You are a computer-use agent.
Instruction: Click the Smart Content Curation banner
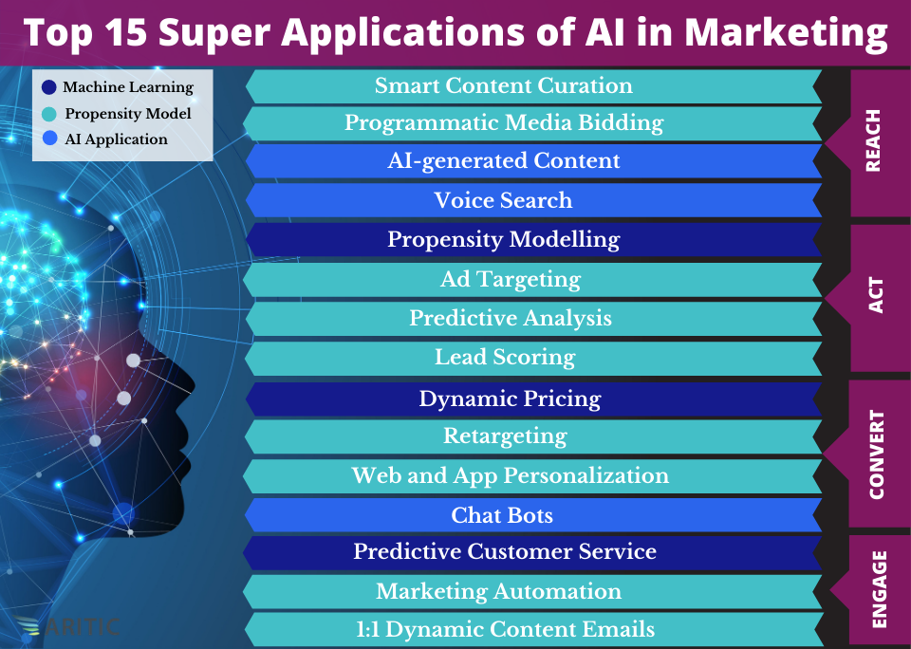(533, 86)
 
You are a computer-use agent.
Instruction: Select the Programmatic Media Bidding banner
(532, 123)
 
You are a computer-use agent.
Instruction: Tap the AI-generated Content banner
(533, 161)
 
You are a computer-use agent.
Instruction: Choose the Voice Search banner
(533, 200)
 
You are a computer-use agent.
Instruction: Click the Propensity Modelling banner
(533, 239)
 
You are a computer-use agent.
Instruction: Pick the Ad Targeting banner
(532, 280)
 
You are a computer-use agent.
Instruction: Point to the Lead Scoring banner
(533, 358)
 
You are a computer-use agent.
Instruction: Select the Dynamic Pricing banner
(533, 399)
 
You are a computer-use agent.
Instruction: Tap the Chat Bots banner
(533, 515)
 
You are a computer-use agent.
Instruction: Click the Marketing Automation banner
(532, 591)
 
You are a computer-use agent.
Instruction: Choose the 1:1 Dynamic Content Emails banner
(533, 630)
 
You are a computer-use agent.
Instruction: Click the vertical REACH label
(873, 140)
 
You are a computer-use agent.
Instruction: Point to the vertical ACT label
(875, 296)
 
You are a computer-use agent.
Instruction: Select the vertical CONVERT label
(876, 454)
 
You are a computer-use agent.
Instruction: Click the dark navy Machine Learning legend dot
(48, 87)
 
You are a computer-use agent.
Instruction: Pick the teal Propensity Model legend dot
(49, 114)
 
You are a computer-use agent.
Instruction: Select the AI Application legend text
(116, 139)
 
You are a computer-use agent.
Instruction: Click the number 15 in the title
(125, 32)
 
